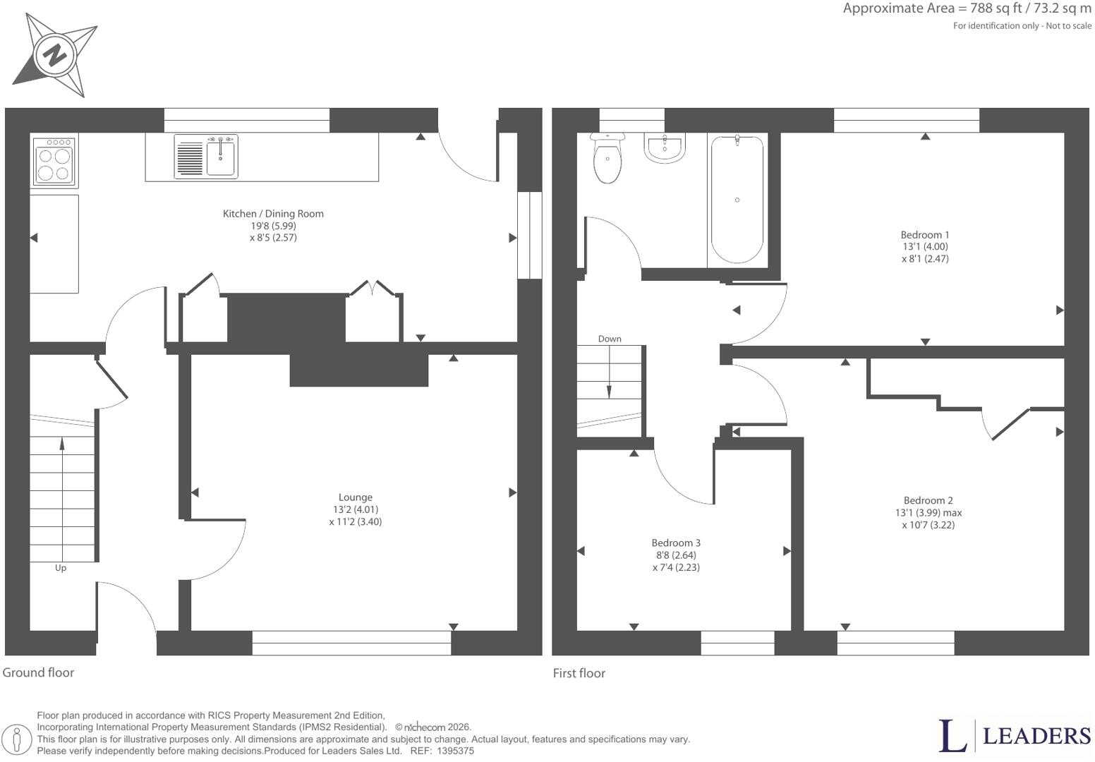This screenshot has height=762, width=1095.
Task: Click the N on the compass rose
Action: (54, 54)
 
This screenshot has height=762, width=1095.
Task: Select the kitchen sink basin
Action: (220, 156)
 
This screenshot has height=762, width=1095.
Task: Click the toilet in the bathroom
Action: (607, 158)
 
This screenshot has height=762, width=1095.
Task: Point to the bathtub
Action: (737, 200)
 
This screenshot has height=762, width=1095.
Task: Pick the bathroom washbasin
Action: (665, 147)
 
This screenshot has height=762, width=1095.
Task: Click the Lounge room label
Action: (356, 497)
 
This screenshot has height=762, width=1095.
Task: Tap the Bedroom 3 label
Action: (676, 543)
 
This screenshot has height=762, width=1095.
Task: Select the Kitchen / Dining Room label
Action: (273, 214)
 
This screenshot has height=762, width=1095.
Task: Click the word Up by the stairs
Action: (61, 568)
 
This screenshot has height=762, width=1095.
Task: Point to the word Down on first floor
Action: (610, 339)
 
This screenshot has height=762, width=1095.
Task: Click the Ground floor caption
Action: (38, 672)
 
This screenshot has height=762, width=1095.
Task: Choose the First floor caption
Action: (579, 674)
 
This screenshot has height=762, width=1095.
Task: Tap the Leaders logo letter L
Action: (952, 736)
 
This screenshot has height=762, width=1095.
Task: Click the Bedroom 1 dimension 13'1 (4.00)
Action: (925, 247)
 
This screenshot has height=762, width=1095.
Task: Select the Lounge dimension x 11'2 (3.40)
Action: (356, 521)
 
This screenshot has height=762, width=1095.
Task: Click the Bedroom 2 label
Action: (928, 500)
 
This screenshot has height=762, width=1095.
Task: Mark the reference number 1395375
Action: (455, 751)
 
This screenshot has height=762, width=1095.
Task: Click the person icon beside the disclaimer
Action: (17, 737)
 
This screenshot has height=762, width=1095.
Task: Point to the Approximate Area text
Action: (898, 8)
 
